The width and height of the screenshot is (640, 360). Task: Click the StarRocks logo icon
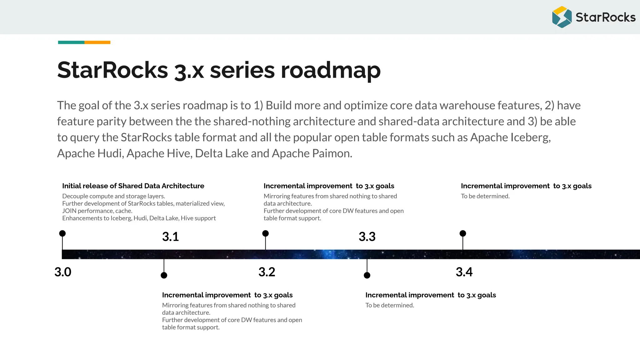click(562, 17)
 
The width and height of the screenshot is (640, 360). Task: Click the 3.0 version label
click(63, 272)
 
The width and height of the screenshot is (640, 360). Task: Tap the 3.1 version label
click(170, 237)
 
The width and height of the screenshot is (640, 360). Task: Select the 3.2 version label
click(267, 272)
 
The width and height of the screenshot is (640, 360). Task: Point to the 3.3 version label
click(367, 237)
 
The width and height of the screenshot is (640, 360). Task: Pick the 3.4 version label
click(464, 272)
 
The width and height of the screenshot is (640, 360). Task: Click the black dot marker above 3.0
click(62, 233)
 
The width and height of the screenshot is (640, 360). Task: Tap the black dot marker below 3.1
click(164, 275)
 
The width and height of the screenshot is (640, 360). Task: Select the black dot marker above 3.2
click(265, 233)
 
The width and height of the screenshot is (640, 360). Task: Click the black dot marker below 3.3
click(367, 275)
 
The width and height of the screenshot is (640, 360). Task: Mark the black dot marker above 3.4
click(463, 233)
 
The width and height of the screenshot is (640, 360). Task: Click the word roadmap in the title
click(331, 70)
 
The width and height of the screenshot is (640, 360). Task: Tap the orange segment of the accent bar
click(97, 42)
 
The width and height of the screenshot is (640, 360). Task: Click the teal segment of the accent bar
click(71, 42)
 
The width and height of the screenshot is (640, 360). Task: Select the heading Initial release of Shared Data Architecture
click(133, 186)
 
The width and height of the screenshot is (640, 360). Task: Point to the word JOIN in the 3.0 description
click(69, 211)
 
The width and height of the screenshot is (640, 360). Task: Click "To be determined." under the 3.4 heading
click(485, 196)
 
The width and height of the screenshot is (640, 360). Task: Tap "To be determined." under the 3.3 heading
click(390, 305)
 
